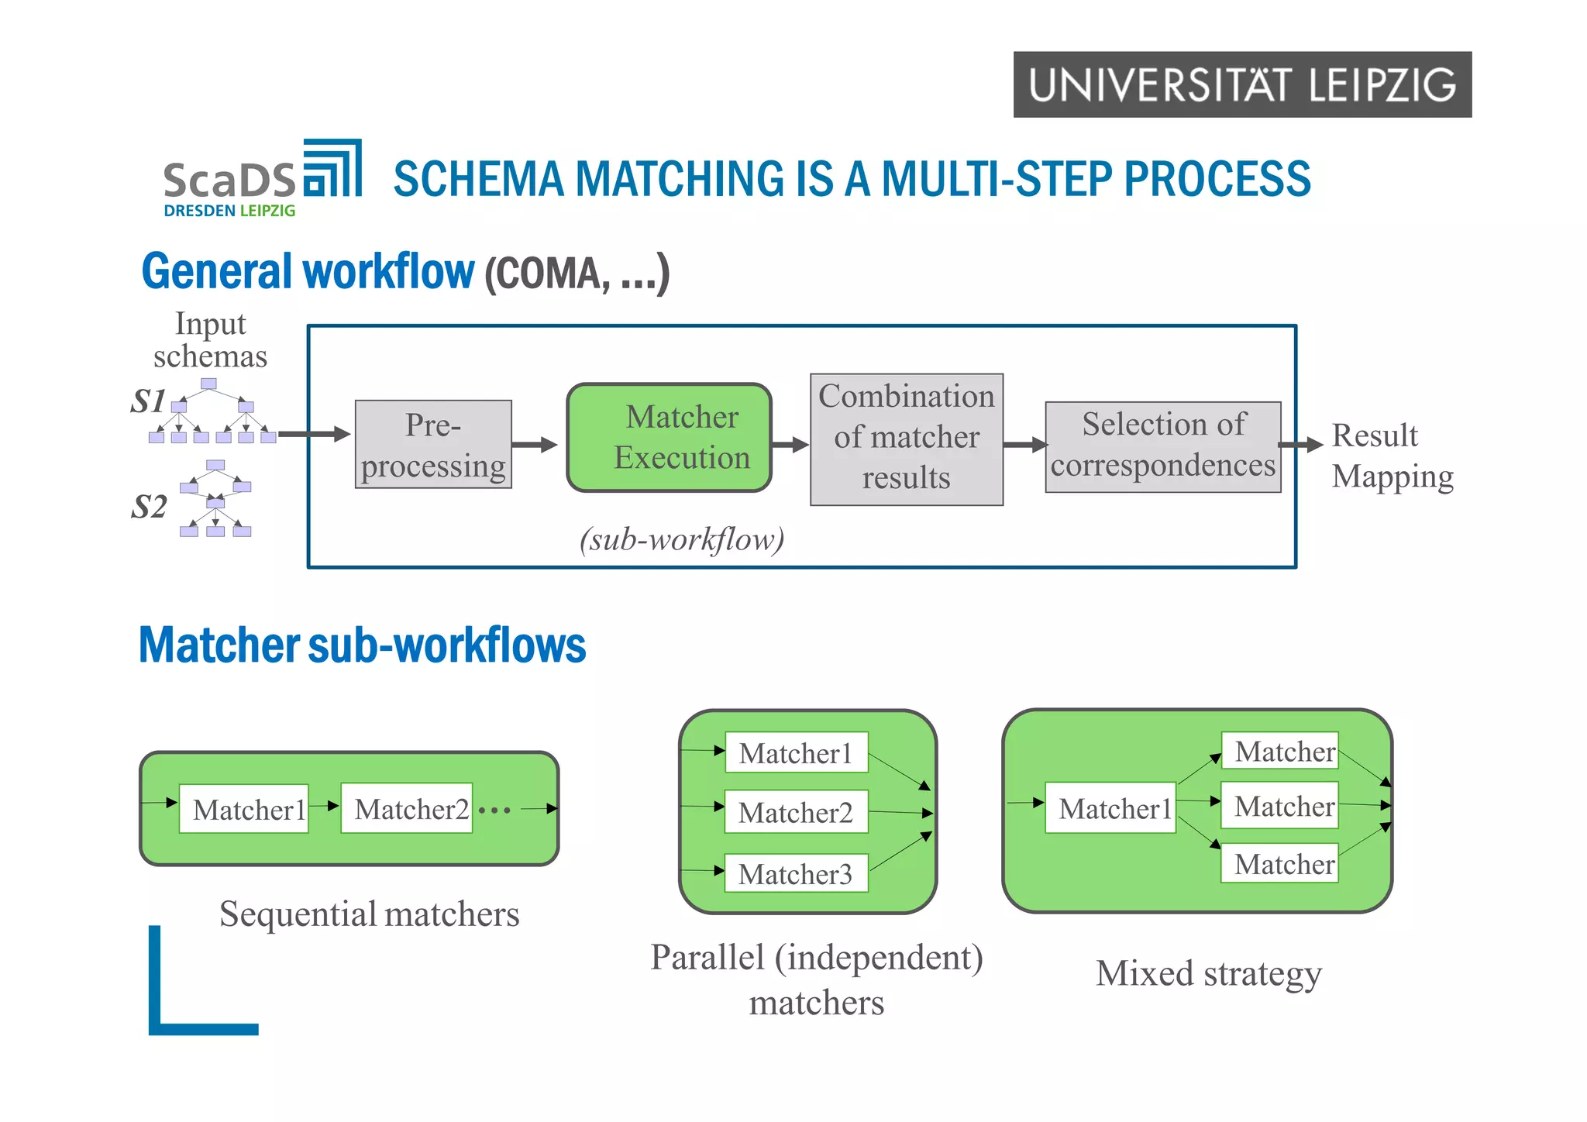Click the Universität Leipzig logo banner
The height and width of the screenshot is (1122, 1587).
1242,84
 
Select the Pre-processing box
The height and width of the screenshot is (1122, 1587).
433,445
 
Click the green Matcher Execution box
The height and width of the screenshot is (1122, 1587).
670,438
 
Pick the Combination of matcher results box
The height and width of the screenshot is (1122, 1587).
907,439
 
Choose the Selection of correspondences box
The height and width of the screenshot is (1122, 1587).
1162,446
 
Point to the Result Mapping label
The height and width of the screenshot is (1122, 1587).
1391,456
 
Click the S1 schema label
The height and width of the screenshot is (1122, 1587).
147,401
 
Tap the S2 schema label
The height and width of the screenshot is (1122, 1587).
149,507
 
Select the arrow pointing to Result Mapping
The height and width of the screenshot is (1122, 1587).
1300,445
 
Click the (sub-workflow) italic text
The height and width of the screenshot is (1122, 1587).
682,539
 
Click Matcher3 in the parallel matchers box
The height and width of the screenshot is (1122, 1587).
795,874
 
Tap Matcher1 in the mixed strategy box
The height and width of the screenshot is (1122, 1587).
1110,808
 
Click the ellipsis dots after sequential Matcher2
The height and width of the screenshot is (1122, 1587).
494,811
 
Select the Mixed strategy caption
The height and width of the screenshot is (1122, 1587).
1209,974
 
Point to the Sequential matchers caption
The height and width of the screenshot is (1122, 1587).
369,914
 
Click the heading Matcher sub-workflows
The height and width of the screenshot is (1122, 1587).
362,645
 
